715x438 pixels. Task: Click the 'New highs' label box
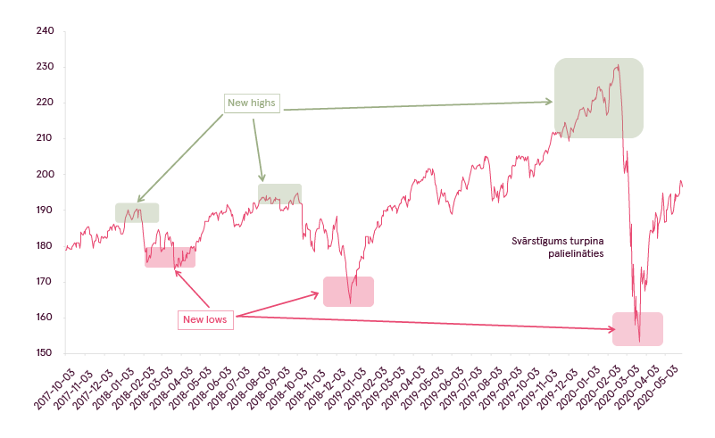coord(252,103)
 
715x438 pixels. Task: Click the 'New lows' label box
coord(205,319)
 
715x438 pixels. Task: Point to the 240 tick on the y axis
coord(46,30)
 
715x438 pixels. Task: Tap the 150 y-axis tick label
coord(45,352)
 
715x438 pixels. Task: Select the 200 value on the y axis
coord(46,174)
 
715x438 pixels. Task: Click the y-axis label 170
coord(45,281)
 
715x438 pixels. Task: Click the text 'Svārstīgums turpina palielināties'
coord(557,247)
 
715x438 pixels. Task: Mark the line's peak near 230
coord(618,65)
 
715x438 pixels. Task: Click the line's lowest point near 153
coord(639,342)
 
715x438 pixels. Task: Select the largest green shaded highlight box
coord(599,98)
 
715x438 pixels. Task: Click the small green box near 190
coord(137,213)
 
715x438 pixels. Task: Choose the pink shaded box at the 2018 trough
coord(348,292)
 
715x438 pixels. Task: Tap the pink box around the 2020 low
coord(637,329)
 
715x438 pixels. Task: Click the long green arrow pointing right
coord(418,106)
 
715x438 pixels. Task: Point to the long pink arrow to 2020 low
coord(426,323)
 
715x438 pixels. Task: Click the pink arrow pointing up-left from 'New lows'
coord(192,289)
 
